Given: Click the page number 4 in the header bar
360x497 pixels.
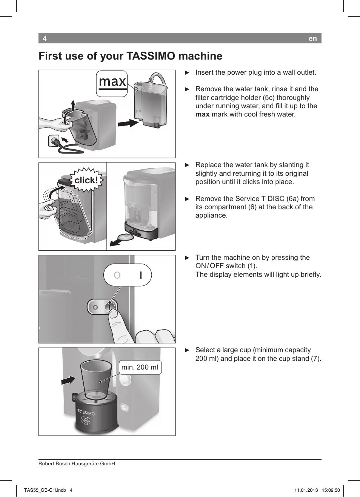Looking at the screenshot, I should click(45, 38).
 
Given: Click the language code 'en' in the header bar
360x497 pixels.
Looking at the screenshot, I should click(312, 38).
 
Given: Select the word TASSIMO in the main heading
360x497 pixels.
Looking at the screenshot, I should click(151, 56).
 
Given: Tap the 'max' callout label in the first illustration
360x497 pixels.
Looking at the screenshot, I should click(112, 82).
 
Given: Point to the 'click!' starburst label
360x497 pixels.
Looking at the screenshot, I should click(86, 180).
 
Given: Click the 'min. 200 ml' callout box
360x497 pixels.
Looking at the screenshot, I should click(140, 367).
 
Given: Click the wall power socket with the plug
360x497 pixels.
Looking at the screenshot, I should click(55, 142).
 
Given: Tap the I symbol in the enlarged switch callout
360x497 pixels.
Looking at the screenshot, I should click(141, 275).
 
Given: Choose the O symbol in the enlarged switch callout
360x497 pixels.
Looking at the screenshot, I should click(117, 275).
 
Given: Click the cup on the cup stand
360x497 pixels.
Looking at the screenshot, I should click(96, 379).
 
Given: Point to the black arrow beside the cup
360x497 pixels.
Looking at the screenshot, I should click(68, 380).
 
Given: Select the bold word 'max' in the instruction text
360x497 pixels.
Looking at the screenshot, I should click(202, 115).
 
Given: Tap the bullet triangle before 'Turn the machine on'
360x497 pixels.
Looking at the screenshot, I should click(187, 258).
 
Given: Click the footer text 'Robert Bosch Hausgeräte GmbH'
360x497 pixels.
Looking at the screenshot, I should click(77, 463).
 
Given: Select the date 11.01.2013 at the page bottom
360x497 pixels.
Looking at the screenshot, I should click(306, 490).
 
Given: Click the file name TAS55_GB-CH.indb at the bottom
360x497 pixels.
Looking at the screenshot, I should click(45, 490).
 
